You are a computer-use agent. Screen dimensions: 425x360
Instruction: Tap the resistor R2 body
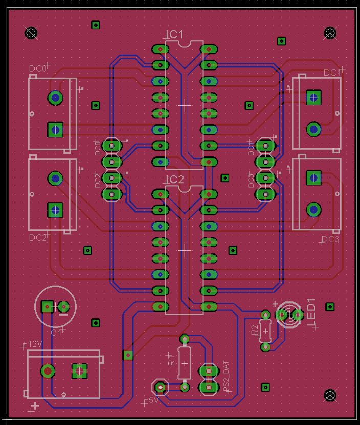[265, 330]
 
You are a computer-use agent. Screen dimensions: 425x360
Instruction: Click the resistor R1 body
[185, 362]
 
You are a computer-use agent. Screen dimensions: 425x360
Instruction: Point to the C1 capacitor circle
[55, 306]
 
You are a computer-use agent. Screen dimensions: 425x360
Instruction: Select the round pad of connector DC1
[313, 129]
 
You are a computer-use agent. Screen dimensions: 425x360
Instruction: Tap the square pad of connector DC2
[55, 209]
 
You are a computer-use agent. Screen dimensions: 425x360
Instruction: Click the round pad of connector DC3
[313, 209]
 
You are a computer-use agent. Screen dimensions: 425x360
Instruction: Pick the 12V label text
[34, 344]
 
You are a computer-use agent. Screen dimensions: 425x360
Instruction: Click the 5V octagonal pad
[161, 387]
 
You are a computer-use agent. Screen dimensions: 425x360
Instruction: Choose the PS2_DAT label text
[227, 376]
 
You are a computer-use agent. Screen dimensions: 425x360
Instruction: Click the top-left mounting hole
[31, 33]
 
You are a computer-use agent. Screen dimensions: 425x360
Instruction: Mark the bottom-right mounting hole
[330, 395]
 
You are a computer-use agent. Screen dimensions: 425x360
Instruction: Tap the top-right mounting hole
[330, 33]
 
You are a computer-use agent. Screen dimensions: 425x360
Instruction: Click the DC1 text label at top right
[332, 73]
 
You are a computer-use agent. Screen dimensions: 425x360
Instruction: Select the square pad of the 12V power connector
[79, 371]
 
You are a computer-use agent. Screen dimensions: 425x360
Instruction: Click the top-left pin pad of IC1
[160, 50]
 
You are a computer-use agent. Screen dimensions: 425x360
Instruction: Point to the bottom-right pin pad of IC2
[209, 306]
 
